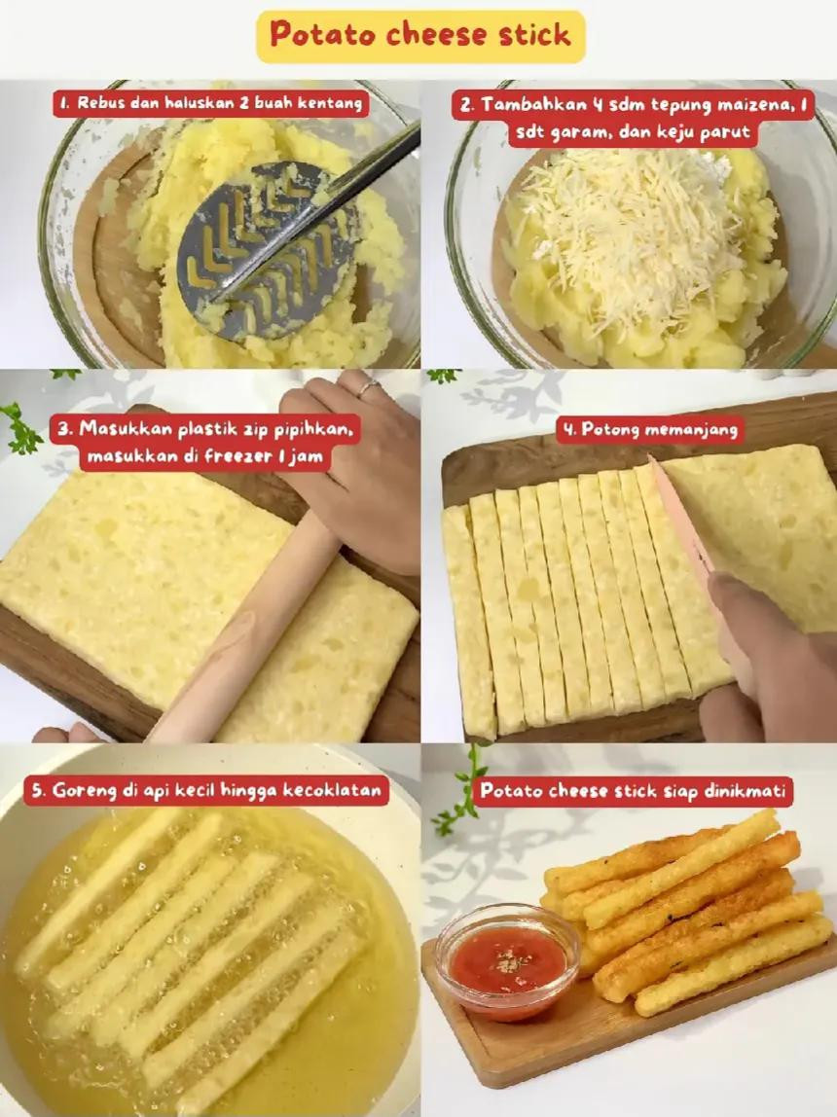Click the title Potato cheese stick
click(420, 36)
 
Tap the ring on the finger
click(367, 387)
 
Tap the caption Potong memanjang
click(650, 429)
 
